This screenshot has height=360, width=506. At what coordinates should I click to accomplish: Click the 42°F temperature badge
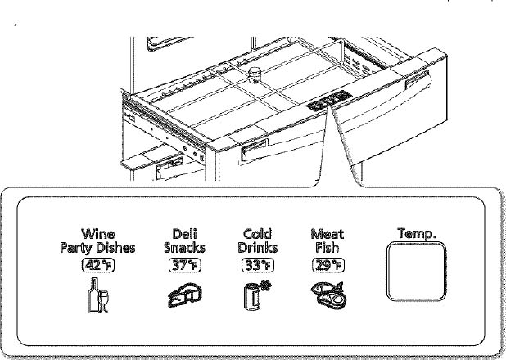98,265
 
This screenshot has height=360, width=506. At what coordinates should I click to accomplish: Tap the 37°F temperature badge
185,265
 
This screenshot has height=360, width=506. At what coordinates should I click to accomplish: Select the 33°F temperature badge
258,265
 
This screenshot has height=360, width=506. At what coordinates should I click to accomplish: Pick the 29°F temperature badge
328,265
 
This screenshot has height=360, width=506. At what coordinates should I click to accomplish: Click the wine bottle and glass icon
98,295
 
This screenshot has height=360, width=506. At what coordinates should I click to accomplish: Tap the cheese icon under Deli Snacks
185,295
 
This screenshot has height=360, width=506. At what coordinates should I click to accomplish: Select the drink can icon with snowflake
257,295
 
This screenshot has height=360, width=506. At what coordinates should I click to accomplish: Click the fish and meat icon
328,295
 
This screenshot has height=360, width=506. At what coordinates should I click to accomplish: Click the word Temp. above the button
417,233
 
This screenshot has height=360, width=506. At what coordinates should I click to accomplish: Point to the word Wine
98,233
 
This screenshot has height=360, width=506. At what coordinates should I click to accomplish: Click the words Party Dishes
97,248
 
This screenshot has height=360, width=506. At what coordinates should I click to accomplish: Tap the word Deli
185,233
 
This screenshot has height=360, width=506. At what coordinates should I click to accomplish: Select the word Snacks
184,248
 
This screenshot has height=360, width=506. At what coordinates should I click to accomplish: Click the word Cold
258,233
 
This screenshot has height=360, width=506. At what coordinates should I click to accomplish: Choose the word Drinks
258,248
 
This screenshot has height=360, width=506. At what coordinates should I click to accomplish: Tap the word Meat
328,233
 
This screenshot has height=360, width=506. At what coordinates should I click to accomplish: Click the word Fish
328,248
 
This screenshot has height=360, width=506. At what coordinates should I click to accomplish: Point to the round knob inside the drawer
255,75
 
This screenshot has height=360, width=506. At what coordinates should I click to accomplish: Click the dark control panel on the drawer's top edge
329,101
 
